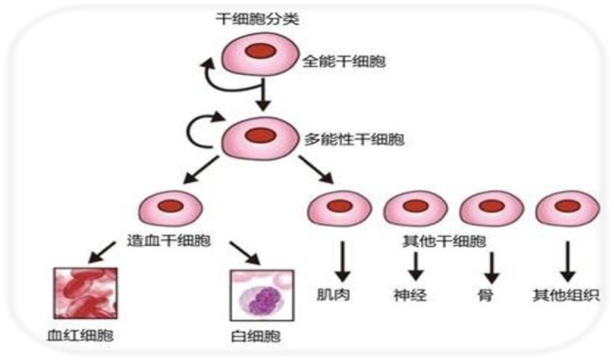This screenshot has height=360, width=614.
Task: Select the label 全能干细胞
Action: (345, 61)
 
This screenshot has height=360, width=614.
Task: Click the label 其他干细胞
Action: (443, 241)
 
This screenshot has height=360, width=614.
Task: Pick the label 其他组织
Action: (565, 295)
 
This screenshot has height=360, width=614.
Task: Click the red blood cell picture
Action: (85, 294)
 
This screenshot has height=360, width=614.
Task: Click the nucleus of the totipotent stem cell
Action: (262, 52)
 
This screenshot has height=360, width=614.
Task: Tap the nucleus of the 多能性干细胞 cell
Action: (261, 136)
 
